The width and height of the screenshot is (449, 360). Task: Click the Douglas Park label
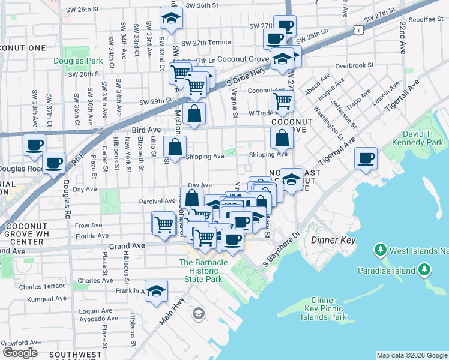(x=78, y=61)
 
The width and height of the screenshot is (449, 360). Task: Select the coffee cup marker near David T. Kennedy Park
(x=366, y=159)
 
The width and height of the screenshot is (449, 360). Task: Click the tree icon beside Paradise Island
(x=425, y=269)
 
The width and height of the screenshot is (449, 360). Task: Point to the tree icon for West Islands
(x=379, y=248)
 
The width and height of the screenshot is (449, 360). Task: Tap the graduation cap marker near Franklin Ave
(x=156, y=292)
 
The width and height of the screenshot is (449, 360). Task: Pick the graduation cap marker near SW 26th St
(x=172, y=19)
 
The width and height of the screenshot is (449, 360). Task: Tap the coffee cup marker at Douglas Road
(x=54, y=163)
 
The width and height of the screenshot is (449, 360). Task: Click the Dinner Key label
(x=334, y=240)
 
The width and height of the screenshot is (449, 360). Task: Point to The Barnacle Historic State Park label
(x=203, y=271)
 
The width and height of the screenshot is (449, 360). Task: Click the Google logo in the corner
(x=20, y=352)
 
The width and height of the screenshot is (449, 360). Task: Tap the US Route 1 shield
(x=358, y=28)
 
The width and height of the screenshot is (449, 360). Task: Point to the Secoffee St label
(x=426, y=19)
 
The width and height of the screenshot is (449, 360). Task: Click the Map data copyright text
(x=412, y=355)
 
